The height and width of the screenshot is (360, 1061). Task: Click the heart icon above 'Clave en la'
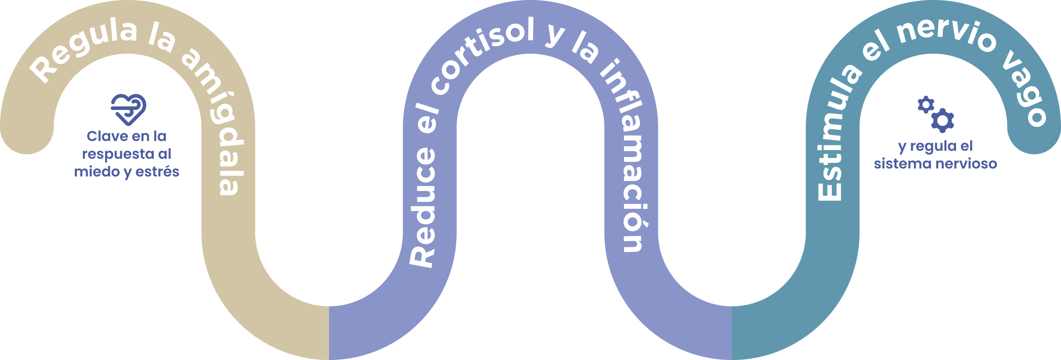129,109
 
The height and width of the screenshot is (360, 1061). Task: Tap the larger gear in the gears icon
942,120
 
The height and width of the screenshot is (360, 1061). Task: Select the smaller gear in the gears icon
926,105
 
